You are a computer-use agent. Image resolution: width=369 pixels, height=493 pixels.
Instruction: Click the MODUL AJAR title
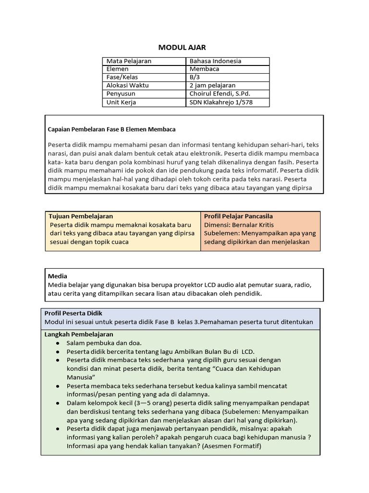182,47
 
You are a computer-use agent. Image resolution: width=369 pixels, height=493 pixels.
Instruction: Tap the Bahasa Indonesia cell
215,61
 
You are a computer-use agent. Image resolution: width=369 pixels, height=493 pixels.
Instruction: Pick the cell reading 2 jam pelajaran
212,85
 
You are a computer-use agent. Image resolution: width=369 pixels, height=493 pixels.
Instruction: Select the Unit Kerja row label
121,102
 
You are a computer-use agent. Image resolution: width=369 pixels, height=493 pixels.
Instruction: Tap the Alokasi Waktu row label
127,85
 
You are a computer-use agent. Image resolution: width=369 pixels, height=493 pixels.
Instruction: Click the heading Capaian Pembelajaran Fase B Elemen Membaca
112,129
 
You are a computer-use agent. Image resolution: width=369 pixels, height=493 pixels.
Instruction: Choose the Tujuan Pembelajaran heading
81,216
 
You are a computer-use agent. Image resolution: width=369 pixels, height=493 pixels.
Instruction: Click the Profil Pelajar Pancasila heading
238,216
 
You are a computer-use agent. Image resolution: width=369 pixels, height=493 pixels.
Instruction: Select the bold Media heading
57,276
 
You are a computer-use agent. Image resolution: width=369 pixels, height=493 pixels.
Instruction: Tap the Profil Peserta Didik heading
74,313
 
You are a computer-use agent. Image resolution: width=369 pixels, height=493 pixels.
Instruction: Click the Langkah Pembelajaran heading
79,334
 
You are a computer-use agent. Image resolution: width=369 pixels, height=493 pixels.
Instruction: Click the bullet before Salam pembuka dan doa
58,343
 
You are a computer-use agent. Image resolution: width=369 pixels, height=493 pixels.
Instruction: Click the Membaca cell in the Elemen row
204,69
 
